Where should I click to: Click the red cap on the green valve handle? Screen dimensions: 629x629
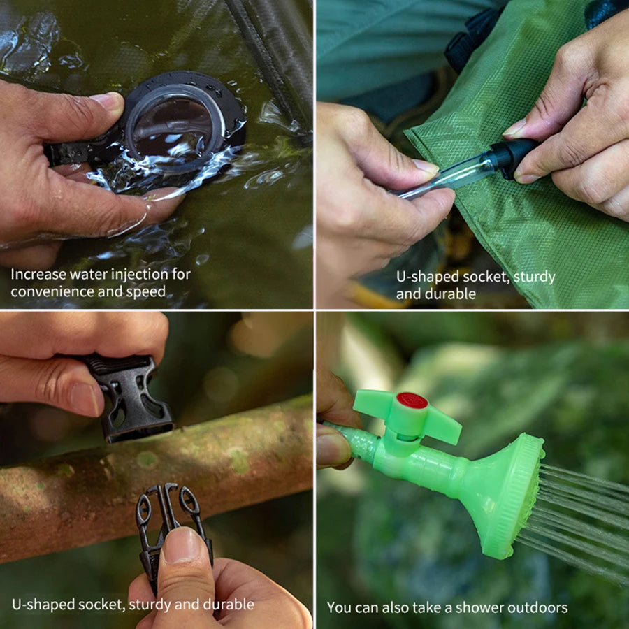[412, 400]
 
